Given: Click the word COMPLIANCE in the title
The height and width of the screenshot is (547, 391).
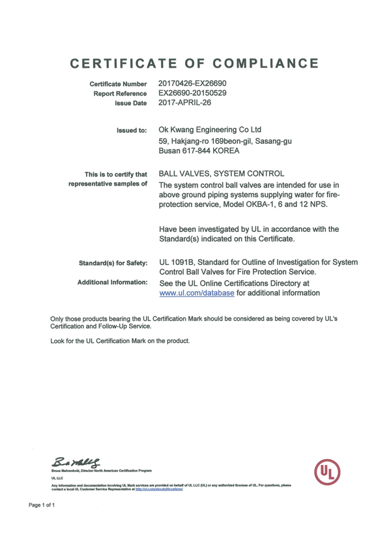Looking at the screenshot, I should (x=267, y=64).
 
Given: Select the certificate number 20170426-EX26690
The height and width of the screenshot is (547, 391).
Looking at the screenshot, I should (x=192, y=84).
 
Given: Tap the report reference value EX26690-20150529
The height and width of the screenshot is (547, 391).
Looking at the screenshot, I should (x=192, y=94).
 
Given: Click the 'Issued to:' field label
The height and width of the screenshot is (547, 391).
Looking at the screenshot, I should (x=131, y=131).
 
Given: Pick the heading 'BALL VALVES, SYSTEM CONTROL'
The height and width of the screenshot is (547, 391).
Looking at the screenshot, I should (x=222, y=174).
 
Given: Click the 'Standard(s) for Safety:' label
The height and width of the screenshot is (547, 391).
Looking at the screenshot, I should (x=113, y=263).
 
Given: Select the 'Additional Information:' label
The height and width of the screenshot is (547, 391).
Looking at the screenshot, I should (x=113, y=283).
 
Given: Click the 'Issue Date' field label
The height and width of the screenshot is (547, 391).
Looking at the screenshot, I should (x=130, y=104).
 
